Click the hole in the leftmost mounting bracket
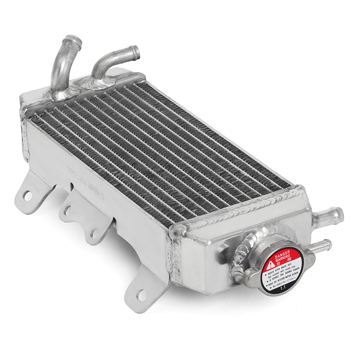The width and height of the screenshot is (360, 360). (28, 195)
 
